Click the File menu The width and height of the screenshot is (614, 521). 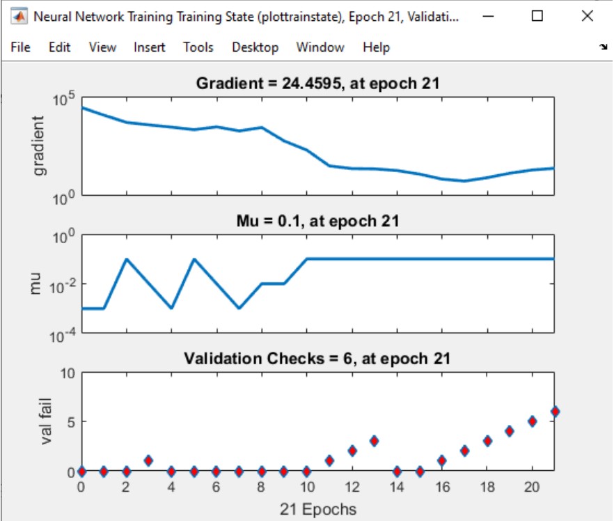21,47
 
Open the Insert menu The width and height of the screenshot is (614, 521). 150,47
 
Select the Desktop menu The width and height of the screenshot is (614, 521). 255,47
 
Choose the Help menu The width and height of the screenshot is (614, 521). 376,47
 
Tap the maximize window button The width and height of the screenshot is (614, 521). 537,16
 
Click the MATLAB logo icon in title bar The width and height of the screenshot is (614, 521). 19,16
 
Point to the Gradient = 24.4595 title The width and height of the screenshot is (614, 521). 317,84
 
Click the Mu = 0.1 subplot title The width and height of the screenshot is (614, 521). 317,221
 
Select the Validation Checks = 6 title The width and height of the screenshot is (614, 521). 317,359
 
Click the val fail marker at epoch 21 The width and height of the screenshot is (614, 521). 554,412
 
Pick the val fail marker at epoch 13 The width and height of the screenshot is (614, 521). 374,441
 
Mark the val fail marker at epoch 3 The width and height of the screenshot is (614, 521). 148,460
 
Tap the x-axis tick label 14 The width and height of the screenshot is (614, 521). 396,488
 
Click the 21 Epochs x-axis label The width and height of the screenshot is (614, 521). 317,509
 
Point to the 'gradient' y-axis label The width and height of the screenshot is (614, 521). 39,146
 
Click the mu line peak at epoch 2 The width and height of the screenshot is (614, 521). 126,259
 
